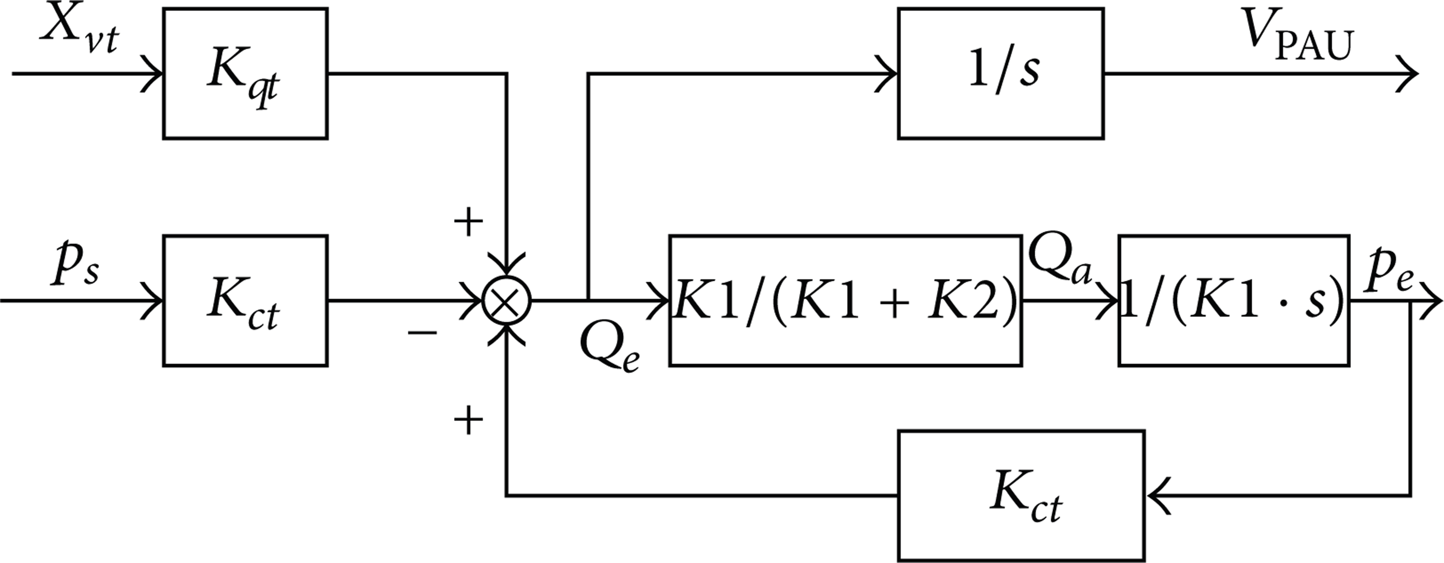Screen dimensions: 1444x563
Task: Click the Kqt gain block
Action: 245,73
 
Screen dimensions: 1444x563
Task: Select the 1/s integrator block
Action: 1001,73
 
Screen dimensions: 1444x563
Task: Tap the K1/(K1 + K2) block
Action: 845,301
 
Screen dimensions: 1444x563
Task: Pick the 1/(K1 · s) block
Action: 1234,301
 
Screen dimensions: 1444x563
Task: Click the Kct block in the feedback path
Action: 1021,496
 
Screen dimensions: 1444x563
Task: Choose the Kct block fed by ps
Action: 245,301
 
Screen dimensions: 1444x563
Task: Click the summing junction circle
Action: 506,301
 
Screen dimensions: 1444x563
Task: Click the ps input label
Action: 76,266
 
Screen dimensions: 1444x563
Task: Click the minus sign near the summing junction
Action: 422,333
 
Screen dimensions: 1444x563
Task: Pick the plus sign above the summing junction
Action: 468,223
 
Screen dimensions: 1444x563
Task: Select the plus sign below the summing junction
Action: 468,421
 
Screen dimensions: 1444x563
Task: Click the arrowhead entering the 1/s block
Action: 887,73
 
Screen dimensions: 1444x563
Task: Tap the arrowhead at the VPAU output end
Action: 1407,73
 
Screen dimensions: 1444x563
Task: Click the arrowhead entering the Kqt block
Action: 151,73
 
